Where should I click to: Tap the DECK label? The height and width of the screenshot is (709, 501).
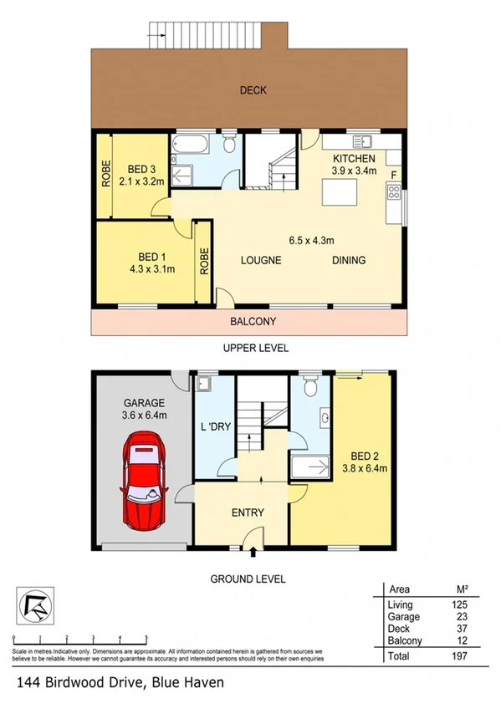tap(253, 90)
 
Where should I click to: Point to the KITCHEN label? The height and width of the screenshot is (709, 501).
tap(355, 159)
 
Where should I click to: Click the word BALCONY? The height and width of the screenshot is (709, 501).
tap(253, 321)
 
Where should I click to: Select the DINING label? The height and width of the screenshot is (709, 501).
tap(349, 260)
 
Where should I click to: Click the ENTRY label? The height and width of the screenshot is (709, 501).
tap(248, 513)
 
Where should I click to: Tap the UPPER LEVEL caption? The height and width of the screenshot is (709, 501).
tap(255, 348)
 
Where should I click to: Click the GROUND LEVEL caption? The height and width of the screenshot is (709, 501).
tap(248, 579)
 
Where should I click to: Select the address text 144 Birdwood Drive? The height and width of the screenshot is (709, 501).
tap(79, 683)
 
